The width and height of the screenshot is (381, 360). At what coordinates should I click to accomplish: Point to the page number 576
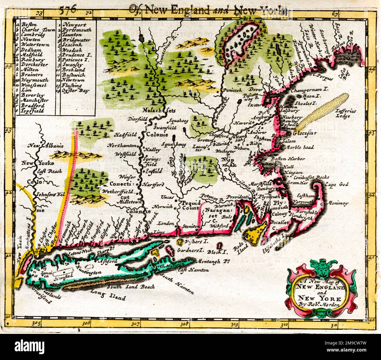68,9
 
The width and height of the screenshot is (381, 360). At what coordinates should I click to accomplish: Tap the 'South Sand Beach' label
131,287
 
